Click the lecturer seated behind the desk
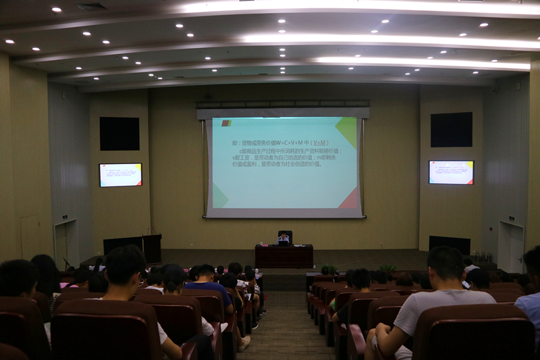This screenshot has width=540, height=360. click(x=283, y=237)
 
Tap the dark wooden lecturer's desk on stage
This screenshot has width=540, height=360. click(x=283, y=257)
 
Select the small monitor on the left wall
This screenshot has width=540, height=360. click(x=120, y=175)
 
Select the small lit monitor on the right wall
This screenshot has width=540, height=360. click(x=451, y=172)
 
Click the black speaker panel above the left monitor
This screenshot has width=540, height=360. click(x=119, y=134)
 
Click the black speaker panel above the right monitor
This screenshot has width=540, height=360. click(x=451, y=130)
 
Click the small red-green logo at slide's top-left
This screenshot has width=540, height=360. click(x=226, y=123)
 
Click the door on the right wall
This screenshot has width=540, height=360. click(x=511, y=247)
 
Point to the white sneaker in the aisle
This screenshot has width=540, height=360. click(x=244, y=342)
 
